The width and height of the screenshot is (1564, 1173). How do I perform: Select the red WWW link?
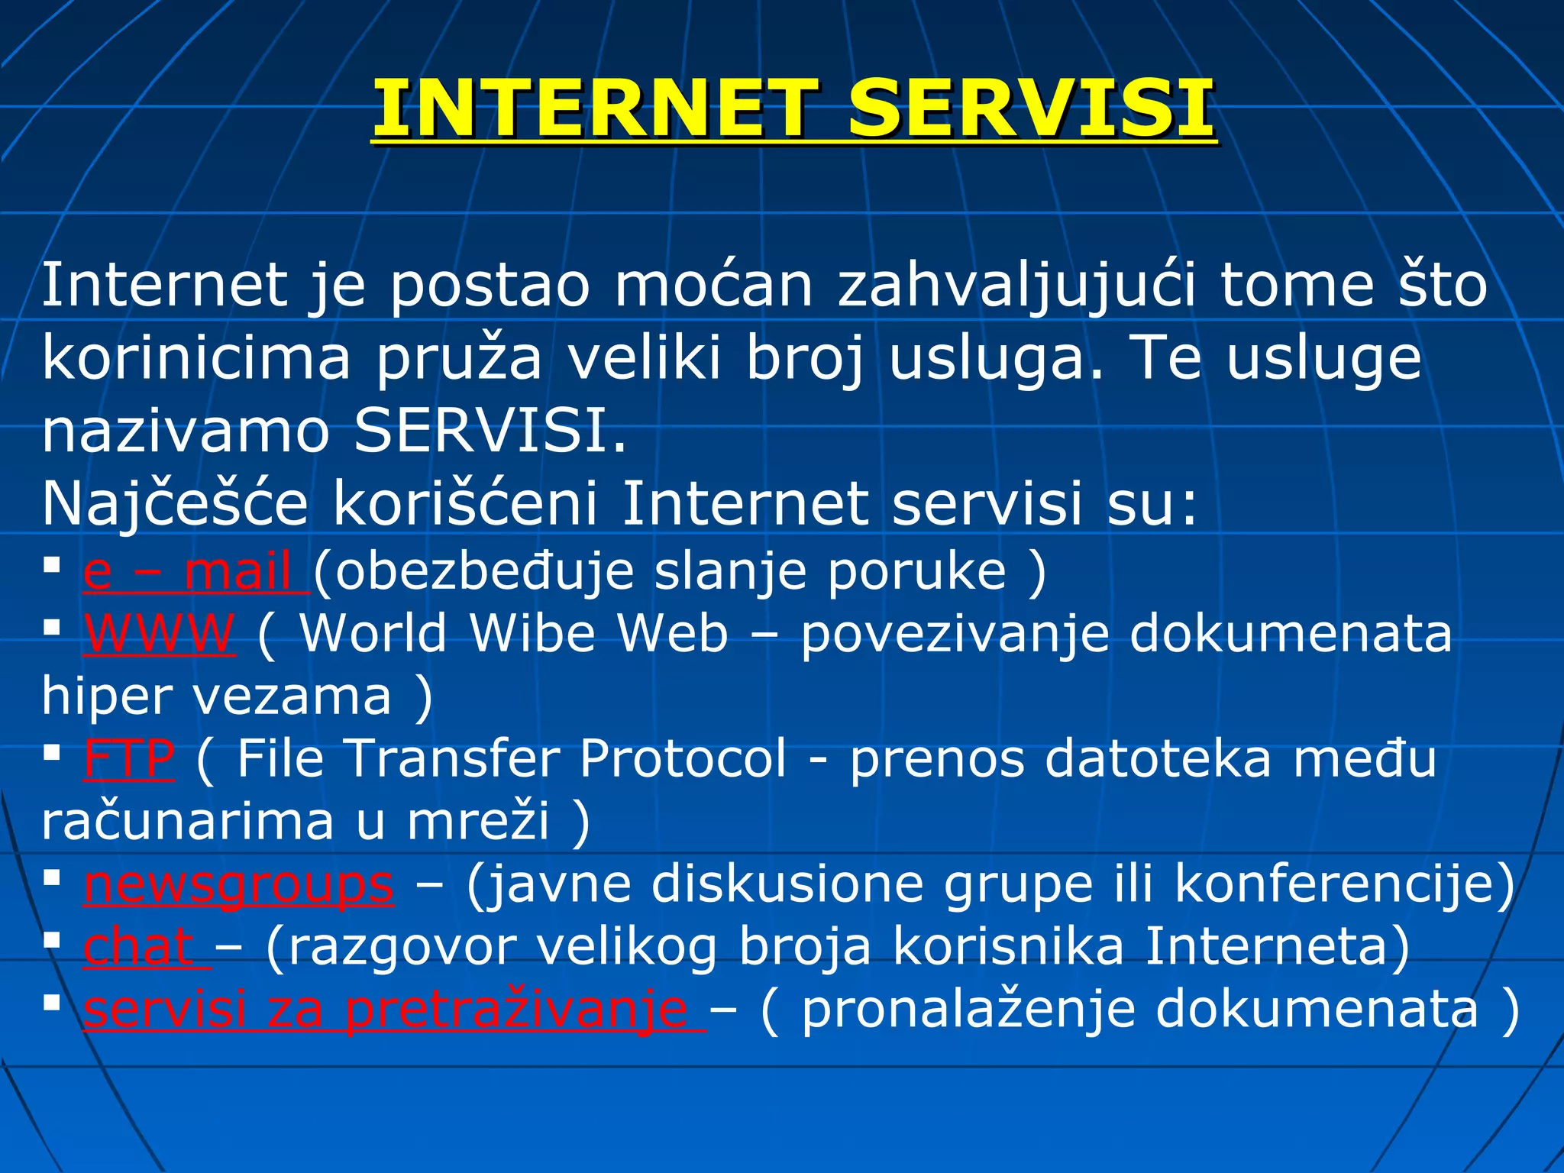point(160,634)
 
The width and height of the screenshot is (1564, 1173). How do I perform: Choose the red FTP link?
point(129,759)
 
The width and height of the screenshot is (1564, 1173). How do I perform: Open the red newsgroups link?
point(239,884)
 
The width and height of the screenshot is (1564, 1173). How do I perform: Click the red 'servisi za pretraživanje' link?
point(394,1010)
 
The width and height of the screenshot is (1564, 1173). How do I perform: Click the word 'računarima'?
point(188,822)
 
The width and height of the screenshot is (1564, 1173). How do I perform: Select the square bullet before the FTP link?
point(52,753)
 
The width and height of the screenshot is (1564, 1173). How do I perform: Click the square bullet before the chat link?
point(52,941)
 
